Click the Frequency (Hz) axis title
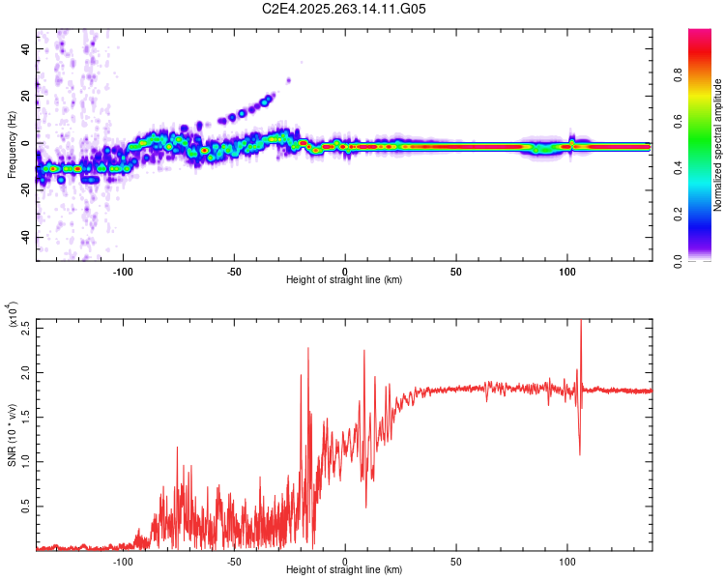coord(12,145)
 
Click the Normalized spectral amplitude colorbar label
coord(718,145)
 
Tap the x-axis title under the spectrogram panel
coord(344,280)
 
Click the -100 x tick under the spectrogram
coord(123,272)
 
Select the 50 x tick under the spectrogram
coord(455,272)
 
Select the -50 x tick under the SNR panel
coord(234,562)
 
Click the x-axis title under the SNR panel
coord(344,570)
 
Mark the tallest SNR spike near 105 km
coord(580,323)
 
